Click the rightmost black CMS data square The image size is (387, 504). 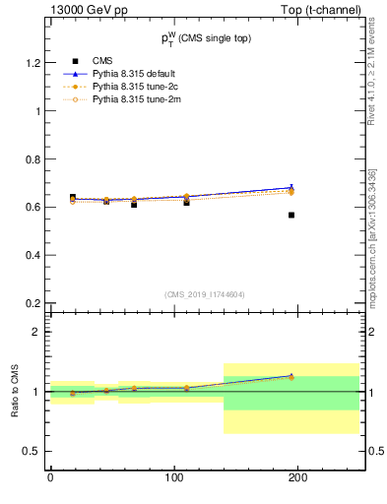tap(291, 215)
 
